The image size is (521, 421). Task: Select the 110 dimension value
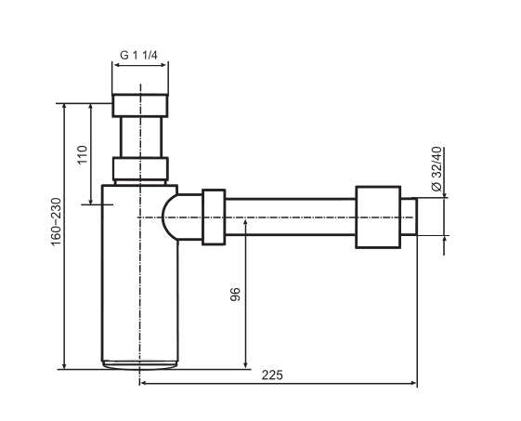pyautogui.click(x=82, y=154)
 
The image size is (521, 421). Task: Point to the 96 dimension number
pyautogui.click(x=235, y=295)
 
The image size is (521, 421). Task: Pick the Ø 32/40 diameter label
pyautogui.click(x=436, y=168)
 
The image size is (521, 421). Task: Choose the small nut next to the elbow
pyautogui.click(x=213, y=218)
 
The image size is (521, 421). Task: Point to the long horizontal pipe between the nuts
pyautogui.click(x=290, y=218)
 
